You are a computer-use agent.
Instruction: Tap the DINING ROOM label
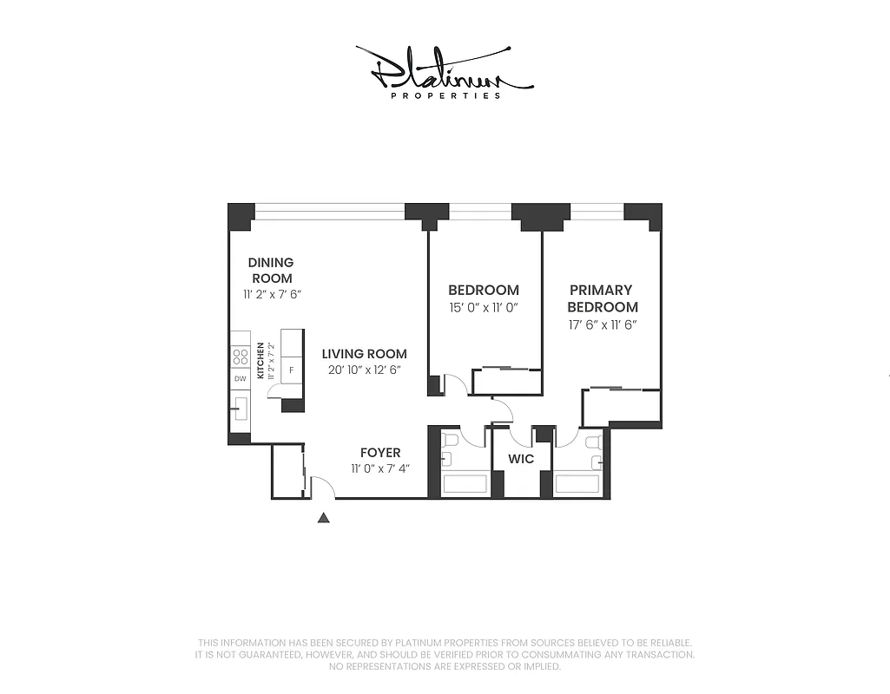point(271,270)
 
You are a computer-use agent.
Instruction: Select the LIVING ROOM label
point(364,354)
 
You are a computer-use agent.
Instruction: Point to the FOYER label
point(380,453)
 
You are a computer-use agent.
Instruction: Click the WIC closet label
point(521,459)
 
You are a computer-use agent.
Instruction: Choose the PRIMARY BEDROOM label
point(603,298)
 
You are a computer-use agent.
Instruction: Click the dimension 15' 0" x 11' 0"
point(484,308)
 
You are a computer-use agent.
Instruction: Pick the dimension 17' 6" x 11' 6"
point(603,324)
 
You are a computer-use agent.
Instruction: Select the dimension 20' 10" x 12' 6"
point(364,370)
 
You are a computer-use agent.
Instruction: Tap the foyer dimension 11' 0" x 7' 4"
point(380,468)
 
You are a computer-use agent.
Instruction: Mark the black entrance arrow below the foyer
point(324,518)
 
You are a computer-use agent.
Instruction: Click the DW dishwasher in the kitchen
point(241,379)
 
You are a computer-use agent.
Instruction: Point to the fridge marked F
point(292,370)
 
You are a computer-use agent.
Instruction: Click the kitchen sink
point(241,406)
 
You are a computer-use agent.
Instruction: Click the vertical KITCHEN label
point(260,361)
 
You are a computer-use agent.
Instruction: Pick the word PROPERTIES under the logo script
point(445,95)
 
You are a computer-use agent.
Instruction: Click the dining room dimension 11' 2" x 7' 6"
point(271,294)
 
